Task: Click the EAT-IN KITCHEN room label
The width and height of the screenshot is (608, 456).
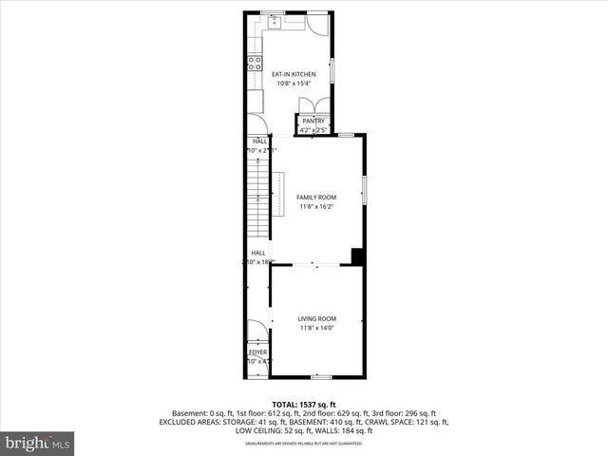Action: pyautogui.click(x=294, y=74)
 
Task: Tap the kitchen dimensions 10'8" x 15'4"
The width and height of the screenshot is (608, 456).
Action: pyautogui.click(x=294, y=84)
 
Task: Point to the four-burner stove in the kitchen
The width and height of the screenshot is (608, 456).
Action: pyautogui.click(x=255, y=64)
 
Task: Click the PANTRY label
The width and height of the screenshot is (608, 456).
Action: pyautogui.click(x=313, y=121)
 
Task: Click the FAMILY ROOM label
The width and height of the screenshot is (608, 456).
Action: pyautogui.click(x=316, y=197)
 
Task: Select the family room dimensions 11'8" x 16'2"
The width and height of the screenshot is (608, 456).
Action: pyautogui.click(x=316, y=206)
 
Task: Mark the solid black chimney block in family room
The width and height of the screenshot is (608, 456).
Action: pyautogui.click(x=357, y=256)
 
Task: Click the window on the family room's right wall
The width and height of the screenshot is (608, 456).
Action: pyautogui.click(x=365, y=190)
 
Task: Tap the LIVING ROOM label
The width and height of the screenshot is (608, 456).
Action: pyautogui.click(x=316, y=318)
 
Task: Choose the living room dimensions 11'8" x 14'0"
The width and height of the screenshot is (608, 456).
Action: pyautogui.click(x=316, y=328)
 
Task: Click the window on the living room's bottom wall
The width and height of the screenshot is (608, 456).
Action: pyautogui.click(x=322, y=377)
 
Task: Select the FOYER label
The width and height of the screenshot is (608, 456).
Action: pyautogui.click(x=258, y=351)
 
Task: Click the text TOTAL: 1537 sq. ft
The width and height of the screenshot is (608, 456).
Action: pyautogui.click(x=304, y=405)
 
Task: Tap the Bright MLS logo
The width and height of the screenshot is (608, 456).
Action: pyautogui.click(x=38, y=442)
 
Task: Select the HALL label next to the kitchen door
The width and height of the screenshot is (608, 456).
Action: pyautogui.click(x=259, y=141)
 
